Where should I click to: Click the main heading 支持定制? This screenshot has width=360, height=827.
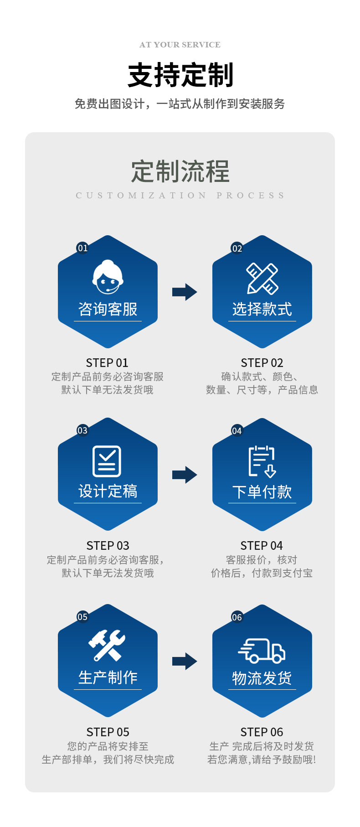click(180, 75)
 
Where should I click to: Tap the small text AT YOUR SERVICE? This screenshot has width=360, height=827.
click(180, 45)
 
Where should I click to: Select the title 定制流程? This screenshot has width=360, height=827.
click(180, 171)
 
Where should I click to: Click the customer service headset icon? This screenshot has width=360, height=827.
click(108, 277)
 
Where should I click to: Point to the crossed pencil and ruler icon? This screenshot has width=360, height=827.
click(262, 278)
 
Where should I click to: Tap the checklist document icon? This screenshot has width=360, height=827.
click(107, 461)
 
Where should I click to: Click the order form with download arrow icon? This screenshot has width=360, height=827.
click(262, 461)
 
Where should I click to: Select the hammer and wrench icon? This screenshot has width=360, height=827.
click(107, 645)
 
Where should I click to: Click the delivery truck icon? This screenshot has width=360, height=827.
click(262, 650)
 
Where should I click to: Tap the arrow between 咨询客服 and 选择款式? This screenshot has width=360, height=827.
click(185, 292)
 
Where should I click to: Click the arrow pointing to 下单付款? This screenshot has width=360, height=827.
click(185, 475)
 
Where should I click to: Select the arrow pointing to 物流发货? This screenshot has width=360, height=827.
click(185, 661)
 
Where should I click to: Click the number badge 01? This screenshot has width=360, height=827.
click(82, 248)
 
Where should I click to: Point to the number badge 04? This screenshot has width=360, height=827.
click(237, 431)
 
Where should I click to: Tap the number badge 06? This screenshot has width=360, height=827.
click(237, 617)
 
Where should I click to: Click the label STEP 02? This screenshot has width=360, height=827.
click(262, 363)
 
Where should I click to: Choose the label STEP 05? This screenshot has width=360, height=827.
click(108, 732)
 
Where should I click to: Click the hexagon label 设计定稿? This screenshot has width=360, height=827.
click(108, 491)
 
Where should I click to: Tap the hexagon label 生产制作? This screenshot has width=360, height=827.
click(108, 677)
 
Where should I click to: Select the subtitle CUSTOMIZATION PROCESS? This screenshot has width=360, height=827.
click(180, 196)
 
